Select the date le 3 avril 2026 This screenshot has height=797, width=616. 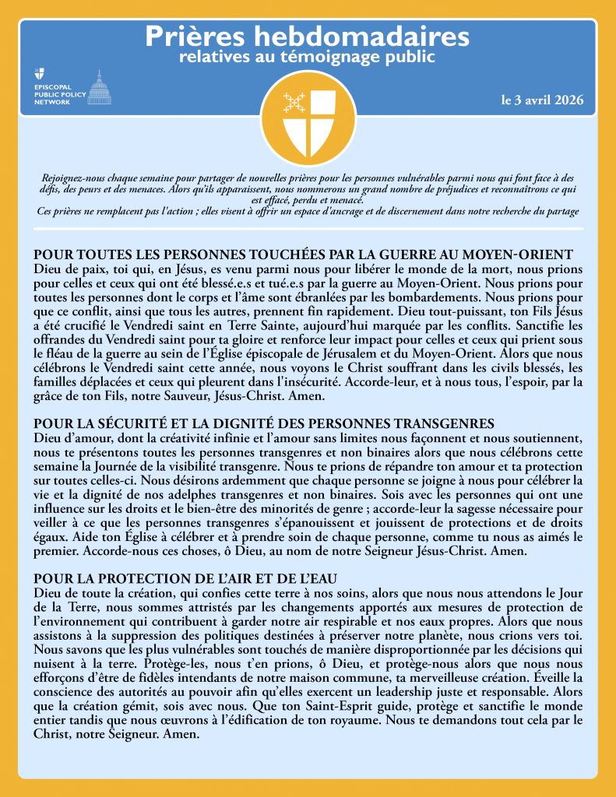pyautogui.click(x=542, y=101)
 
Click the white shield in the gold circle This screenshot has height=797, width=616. pyautogui.click(x=308, y=118)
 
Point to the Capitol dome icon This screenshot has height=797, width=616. pyautogui.click(x=97, y=86)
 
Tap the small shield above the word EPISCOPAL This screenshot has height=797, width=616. pyautogui.click(x=39, y=74)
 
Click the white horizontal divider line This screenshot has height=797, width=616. pyautogui.click(x=308, y=228)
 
